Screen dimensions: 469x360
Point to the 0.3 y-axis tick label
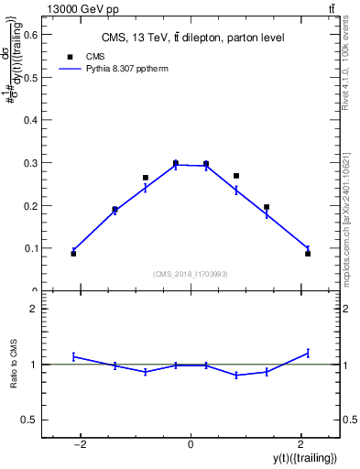coord(28,163)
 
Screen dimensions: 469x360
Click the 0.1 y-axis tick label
coord(28,248)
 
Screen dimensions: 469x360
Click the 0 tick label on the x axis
coord(191,444)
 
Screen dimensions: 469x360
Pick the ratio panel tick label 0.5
coord(28,420)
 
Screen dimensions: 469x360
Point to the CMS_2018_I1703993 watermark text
coord(191,274)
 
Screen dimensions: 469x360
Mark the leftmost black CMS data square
coord(73,254)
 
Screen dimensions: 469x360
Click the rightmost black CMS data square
coord(308,254)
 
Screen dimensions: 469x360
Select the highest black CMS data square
coord(176,163)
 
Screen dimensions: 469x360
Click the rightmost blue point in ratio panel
coord(308,353)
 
